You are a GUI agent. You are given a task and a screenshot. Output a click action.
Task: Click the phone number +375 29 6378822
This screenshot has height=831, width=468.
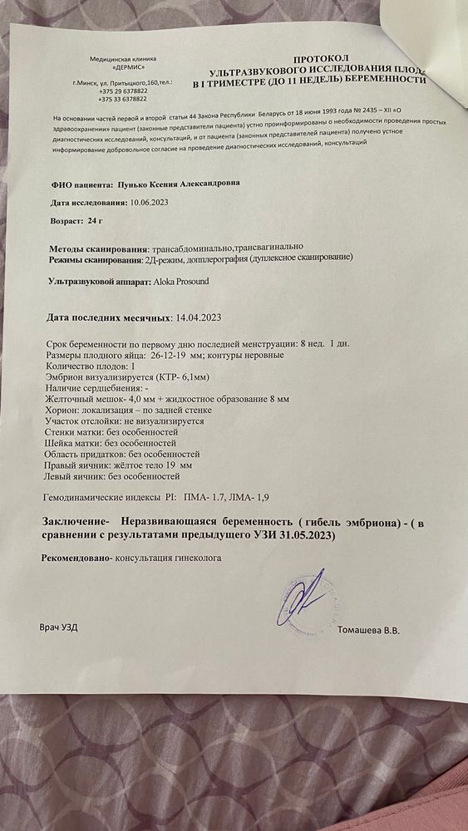coord(126,91)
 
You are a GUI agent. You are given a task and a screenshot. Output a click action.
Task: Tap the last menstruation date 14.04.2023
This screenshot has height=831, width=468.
coord(201,317)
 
